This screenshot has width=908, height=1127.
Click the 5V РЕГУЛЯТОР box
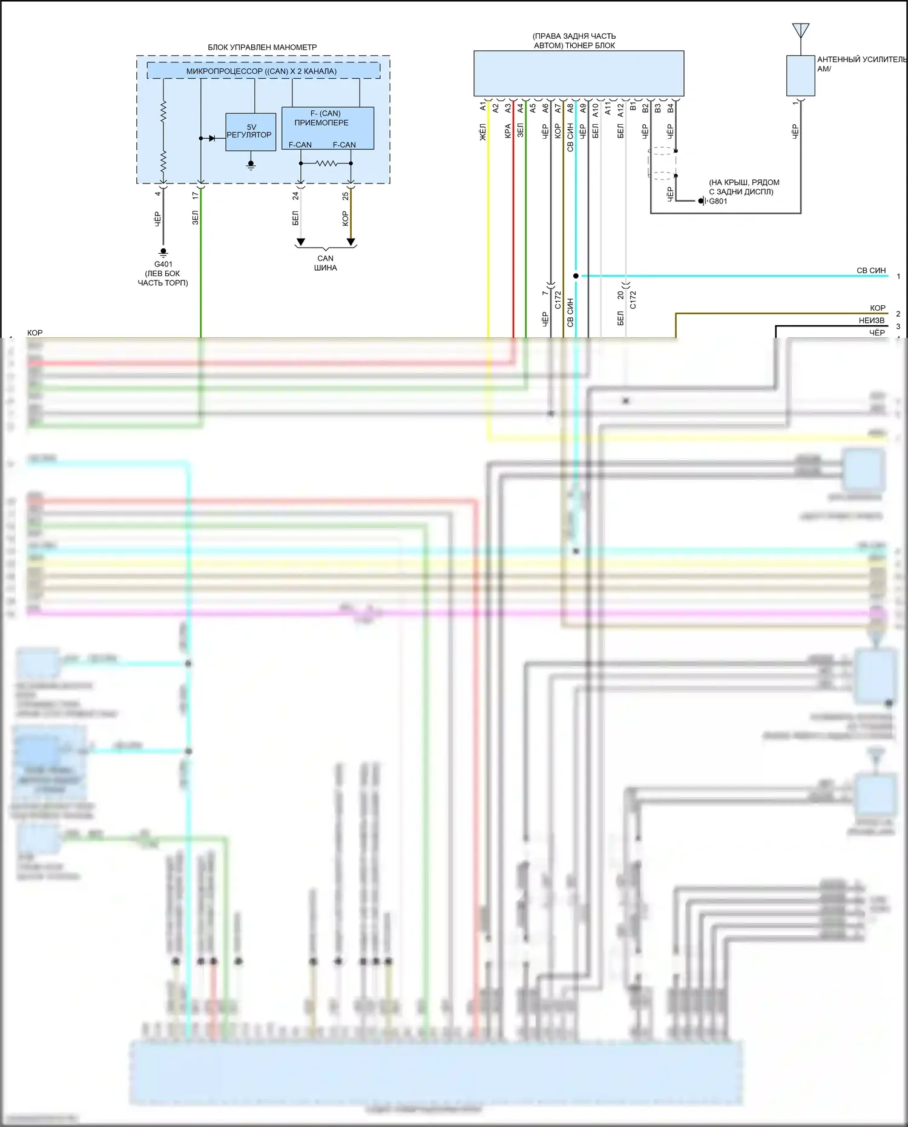click(251, 132)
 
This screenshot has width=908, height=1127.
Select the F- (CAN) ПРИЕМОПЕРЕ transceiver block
click(327, 128)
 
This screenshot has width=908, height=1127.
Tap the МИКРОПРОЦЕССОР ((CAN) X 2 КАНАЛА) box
click(263, 71)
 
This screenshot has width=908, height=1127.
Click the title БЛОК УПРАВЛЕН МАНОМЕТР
click(262, 47)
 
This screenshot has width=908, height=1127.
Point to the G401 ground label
click(163, 264)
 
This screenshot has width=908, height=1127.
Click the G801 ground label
click(718, 201)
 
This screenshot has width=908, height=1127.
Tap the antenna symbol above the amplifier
click(800, 30)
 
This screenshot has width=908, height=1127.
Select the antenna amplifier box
click(800, 76)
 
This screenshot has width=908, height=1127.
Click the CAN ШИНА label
click(326, 263)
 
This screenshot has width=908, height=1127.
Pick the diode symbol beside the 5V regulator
click(212, 138)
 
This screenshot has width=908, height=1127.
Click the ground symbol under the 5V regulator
click(251, 165)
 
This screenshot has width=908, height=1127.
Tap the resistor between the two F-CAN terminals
click(326, 163)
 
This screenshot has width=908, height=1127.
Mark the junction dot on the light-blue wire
click(576, 276)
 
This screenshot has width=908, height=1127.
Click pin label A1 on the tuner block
click(483, 107)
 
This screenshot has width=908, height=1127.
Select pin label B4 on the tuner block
click(670, 108)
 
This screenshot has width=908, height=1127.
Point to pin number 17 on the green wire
click(195, 196)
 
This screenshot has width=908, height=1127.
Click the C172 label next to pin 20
click(633, 299)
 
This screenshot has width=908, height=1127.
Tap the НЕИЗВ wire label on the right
click(871, 320)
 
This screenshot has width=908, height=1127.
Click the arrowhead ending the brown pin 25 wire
click(350, 242)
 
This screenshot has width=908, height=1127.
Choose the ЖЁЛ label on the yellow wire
click(483, 131)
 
